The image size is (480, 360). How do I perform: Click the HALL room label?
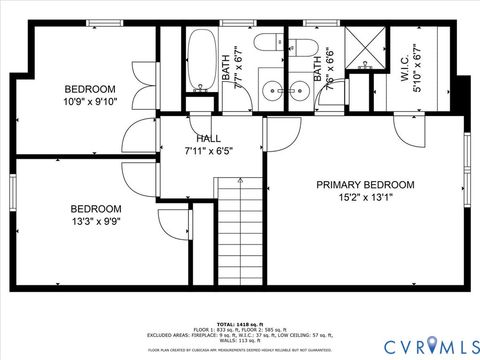(209, 138)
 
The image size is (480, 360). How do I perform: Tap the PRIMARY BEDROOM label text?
(365, 184)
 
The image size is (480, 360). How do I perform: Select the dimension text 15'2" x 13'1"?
(365, 197)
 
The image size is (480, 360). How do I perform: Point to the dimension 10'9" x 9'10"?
(90, 101)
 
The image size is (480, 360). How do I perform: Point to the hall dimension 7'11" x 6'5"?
(209, 151)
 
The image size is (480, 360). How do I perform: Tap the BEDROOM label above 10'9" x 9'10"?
(90, 88)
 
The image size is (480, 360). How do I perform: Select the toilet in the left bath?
(268, 42)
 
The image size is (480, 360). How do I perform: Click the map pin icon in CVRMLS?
(431, 344)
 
